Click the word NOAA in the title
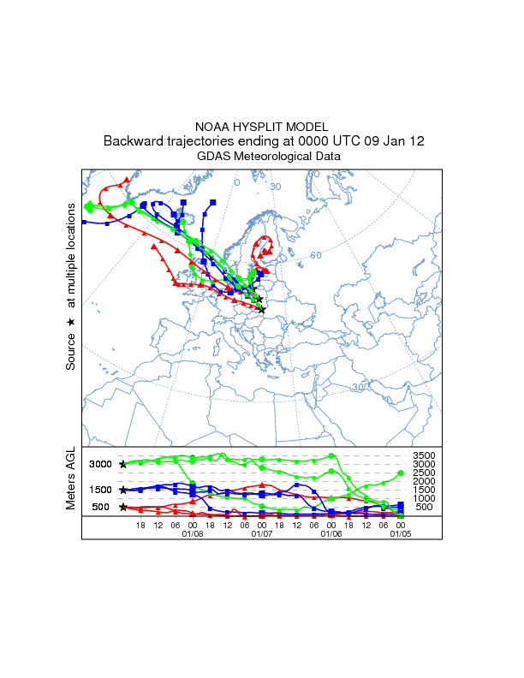click(x=212, y=127)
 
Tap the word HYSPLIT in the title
click(x=261, y=127)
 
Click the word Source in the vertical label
click(x=71, y=350)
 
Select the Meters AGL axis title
click(x=71, y=480)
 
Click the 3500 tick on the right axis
click(x=426, y=455)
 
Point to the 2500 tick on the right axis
click(x=426, y=473)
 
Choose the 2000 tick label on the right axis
click(x=426, y=481)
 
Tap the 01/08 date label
click(x=193, y=533)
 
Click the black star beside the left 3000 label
click(x=123, y=464)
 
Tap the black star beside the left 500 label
click(x=123, y=507)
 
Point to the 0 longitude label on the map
click(x=237, y=182)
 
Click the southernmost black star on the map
click(x=262, y=309)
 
